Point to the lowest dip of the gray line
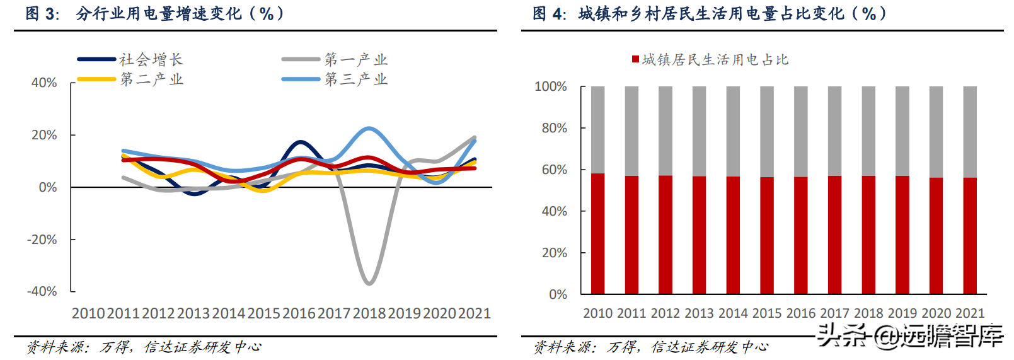[x=369, y=283]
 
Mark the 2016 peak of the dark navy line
[x=301, y=142]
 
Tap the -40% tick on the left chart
[x=42, y=291]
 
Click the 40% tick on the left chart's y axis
[x=44, y=83]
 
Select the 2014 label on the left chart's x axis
[x=229, y=313]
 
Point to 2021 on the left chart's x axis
[x=475, y=313]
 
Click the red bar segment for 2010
[x=597, y=234]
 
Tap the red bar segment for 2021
[x=970, y=236]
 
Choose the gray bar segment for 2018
[x=868, y=131]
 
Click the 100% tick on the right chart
[x=551, y=86]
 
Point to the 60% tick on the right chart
[x=555, y=170]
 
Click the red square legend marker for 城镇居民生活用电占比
[x=635, y=59]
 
